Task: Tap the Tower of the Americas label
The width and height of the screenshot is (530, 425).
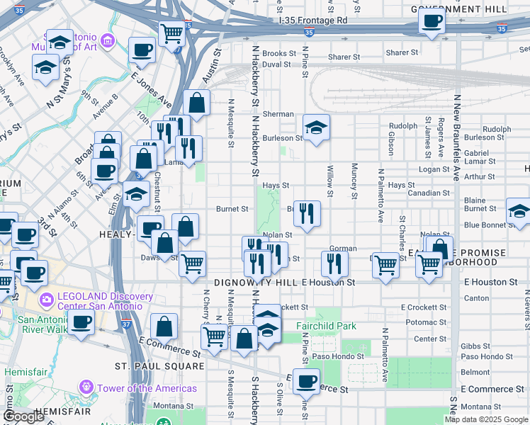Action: [147, 388]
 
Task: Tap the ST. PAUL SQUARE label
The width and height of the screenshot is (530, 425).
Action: [159, 366]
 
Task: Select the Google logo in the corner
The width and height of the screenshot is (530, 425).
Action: [23, 416]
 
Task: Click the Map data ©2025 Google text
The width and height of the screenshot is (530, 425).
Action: [486, 419]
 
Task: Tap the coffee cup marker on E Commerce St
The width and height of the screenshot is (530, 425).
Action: [306, 381]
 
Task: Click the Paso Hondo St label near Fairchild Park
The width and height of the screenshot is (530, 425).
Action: [338, 356]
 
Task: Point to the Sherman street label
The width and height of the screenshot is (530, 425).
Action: [278, 114]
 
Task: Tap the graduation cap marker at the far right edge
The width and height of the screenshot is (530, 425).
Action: [519, 210]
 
